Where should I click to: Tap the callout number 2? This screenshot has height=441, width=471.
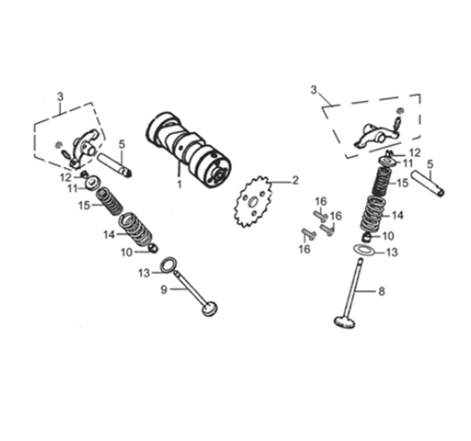coord(295,180)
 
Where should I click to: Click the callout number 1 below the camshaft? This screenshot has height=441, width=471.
coord(179,184)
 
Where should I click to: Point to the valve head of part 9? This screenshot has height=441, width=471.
coord(209,309)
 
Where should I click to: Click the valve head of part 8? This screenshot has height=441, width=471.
coord(345,322)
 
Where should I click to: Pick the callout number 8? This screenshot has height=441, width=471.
coord(381,291)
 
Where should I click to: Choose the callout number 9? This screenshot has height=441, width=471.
coord(164,289)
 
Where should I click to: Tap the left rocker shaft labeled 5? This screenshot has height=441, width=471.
coord(115,165)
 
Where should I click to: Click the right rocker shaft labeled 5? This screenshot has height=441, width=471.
coord(428,184)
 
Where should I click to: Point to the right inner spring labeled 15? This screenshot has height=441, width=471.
coord(380,181)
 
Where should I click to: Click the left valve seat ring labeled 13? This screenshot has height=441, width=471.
coord(169,266)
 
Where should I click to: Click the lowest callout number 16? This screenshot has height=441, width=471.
coord(304,249)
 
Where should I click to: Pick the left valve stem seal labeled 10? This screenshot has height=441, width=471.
coord(153,248)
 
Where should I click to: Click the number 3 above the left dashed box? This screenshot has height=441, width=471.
coord(60,97)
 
